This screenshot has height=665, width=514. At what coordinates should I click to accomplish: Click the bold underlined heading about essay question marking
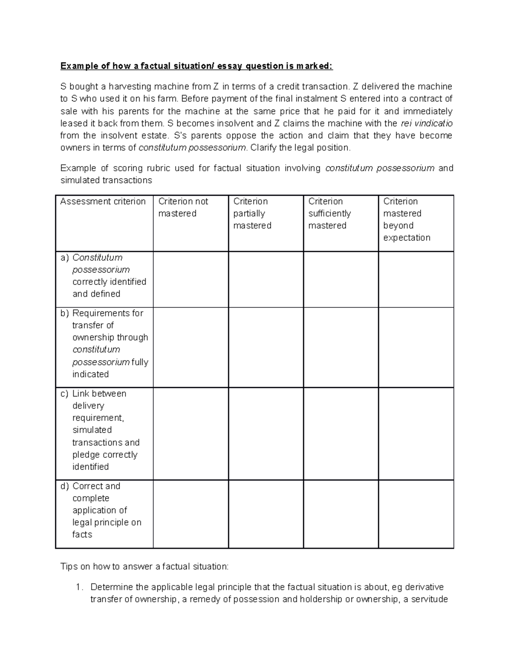click(196, 66)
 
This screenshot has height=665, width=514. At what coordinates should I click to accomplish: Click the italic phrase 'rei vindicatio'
click(426, 123)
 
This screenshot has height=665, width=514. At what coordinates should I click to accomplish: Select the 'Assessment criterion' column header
click(103, 201)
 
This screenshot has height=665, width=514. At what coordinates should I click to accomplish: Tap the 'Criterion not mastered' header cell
click(183, 207)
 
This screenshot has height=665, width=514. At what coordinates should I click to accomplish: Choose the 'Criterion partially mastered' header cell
click(252, 213)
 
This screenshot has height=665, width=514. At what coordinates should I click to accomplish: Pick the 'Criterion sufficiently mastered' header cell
click(329, 213)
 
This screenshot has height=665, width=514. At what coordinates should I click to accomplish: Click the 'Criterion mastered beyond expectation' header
click(406, 219)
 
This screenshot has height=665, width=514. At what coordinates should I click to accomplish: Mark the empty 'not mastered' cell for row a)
click(191, 279)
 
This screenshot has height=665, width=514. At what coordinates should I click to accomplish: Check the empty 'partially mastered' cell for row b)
click(266, 347)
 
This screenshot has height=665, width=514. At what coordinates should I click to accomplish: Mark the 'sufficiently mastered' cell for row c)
click(341, 433)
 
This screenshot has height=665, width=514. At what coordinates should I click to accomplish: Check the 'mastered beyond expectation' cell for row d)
click(415, 514)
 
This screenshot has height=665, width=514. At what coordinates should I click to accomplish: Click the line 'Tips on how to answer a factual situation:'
click(145, 567)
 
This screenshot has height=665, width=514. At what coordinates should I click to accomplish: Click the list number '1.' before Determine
click(78, 587)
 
